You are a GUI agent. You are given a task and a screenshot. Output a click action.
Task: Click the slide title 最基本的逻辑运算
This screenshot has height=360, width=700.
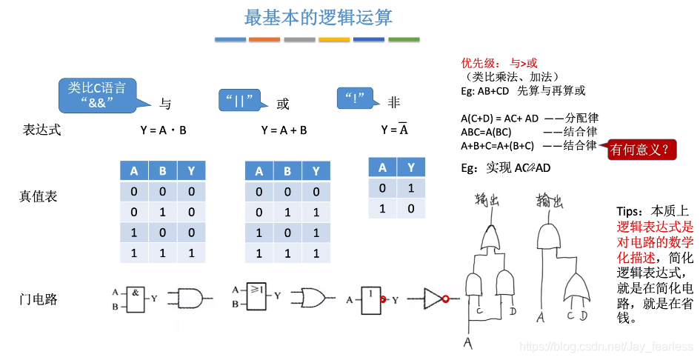(319, 16)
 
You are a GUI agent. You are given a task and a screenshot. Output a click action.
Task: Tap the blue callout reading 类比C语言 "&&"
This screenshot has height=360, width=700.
(97, 94)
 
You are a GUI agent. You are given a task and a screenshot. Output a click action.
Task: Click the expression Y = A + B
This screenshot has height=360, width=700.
(284, 130)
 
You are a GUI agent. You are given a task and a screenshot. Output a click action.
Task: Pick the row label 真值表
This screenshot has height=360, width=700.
(38, 196)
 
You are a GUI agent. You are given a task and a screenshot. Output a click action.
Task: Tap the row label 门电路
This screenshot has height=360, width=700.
(38, 299)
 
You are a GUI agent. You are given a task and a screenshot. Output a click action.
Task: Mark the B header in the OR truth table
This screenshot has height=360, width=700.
(287, 171)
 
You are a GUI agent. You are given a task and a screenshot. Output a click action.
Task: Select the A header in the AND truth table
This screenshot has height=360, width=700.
(134, 171)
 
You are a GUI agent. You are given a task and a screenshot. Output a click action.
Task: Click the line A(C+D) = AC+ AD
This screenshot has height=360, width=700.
(499, 119)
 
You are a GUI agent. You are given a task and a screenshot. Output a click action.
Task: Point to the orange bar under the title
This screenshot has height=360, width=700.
(264, 39)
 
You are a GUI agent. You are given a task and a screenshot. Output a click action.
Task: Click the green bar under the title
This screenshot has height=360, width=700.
(404, 39)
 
